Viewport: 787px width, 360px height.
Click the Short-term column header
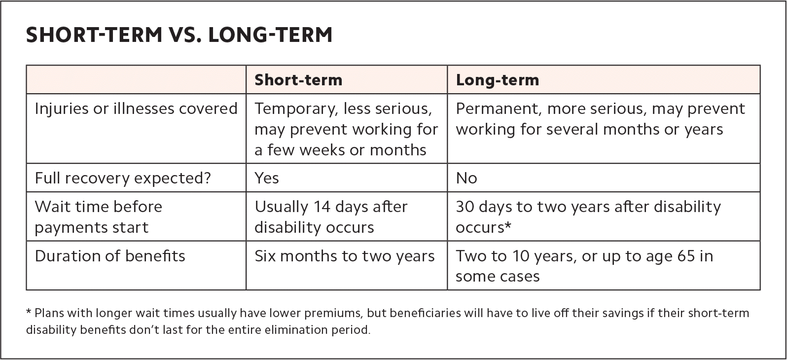pos(298,80)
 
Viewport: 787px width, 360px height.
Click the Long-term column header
pos(498,80)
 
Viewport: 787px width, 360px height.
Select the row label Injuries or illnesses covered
pos(136,108)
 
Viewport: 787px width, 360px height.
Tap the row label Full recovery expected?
pos(123,179)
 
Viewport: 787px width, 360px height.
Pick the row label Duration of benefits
pos(110,255)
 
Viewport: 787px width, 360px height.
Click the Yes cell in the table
pos(267,179)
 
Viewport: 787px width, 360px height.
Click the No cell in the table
pos(466,179)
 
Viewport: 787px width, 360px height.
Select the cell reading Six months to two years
pos(345,256)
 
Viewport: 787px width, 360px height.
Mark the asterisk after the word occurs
pos(508,225)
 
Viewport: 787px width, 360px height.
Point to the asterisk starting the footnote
pos(29,311)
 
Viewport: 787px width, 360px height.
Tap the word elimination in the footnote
pos(297,330)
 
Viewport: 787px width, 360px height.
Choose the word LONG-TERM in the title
pos(270,35)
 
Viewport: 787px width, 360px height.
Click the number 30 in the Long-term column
pos(465,207)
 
